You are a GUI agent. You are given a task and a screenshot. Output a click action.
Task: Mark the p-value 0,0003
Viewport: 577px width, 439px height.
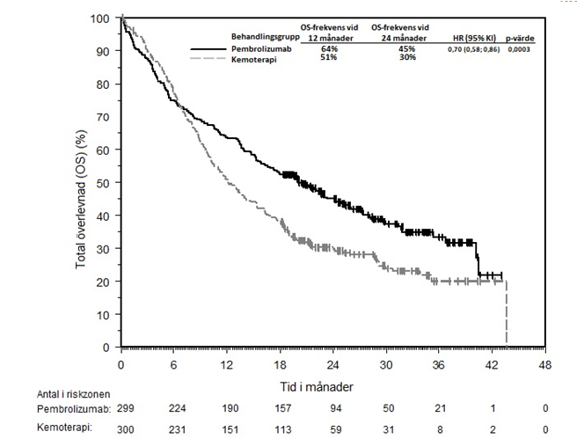[518, 49]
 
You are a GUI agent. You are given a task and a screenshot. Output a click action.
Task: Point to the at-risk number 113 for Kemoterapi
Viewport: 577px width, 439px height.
[281, 428]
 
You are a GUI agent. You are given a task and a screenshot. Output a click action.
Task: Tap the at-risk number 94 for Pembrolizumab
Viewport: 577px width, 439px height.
[334, 409]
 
